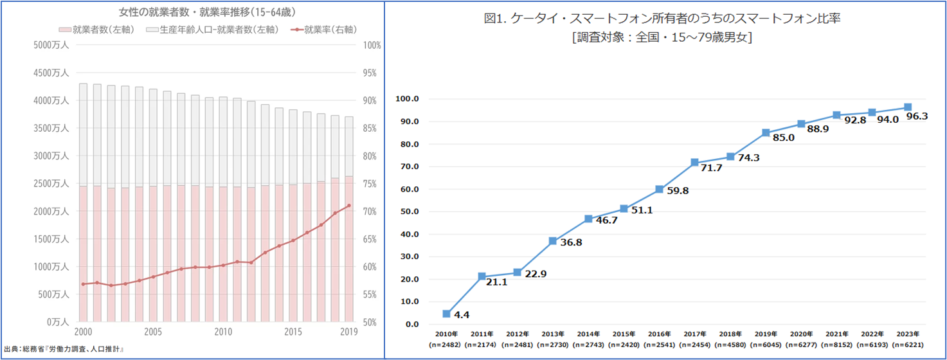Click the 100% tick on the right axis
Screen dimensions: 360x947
372,46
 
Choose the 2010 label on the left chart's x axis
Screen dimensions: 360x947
223,332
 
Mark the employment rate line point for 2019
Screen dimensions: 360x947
349,206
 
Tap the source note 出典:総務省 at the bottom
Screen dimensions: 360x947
63,349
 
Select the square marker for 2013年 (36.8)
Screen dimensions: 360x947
552,241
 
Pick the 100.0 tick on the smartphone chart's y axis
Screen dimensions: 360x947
408,100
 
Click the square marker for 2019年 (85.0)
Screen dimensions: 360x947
766,133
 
